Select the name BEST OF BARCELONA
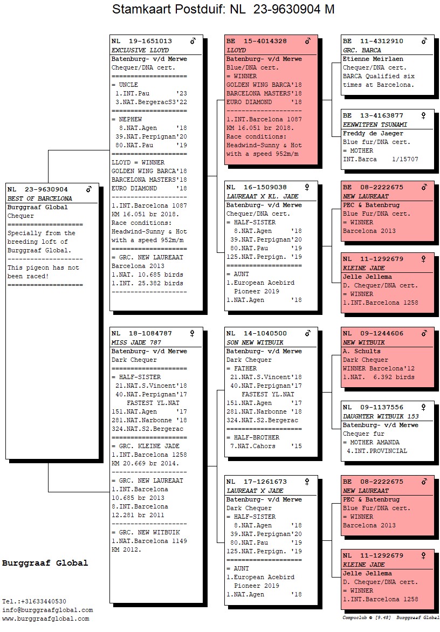tap(39, 198)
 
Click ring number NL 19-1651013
tap(142, 41)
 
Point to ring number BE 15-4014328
tap(256, 41)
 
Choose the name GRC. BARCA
tap(362, 50)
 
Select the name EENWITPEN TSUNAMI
tap(375, 124)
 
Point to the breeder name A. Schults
tap(361, 351)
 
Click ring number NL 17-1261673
tap(256, 482)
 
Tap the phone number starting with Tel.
tap(35, 601)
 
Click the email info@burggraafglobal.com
tap(47, 610)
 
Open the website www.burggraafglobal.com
tap(46, 619)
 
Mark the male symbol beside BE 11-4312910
tap(424, 41)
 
